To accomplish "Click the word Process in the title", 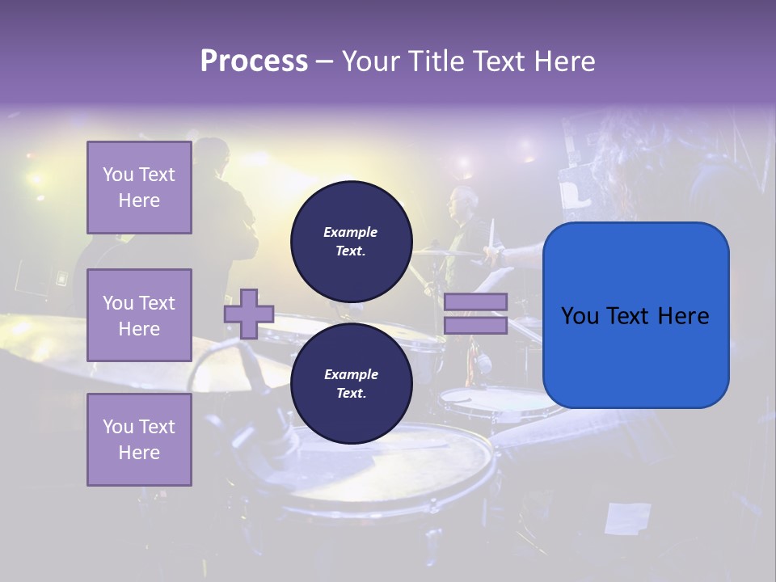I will (254, 61).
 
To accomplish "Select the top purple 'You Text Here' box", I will (139, 188).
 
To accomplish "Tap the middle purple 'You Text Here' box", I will (139, 315).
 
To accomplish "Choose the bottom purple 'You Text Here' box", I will (139, 440).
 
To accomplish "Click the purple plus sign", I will (249, 314).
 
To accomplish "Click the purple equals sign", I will (475, 314).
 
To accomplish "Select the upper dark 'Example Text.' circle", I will (351, 241).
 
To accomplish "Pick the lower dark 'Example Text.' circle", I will (351, 384).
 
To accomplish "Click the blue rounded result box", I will (635, 315).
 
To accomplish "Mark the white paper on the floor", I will (627, 518).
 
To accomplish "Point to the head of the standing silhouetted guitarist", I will (212, 154).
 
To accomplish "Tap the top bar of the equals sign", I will (475, 302).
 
